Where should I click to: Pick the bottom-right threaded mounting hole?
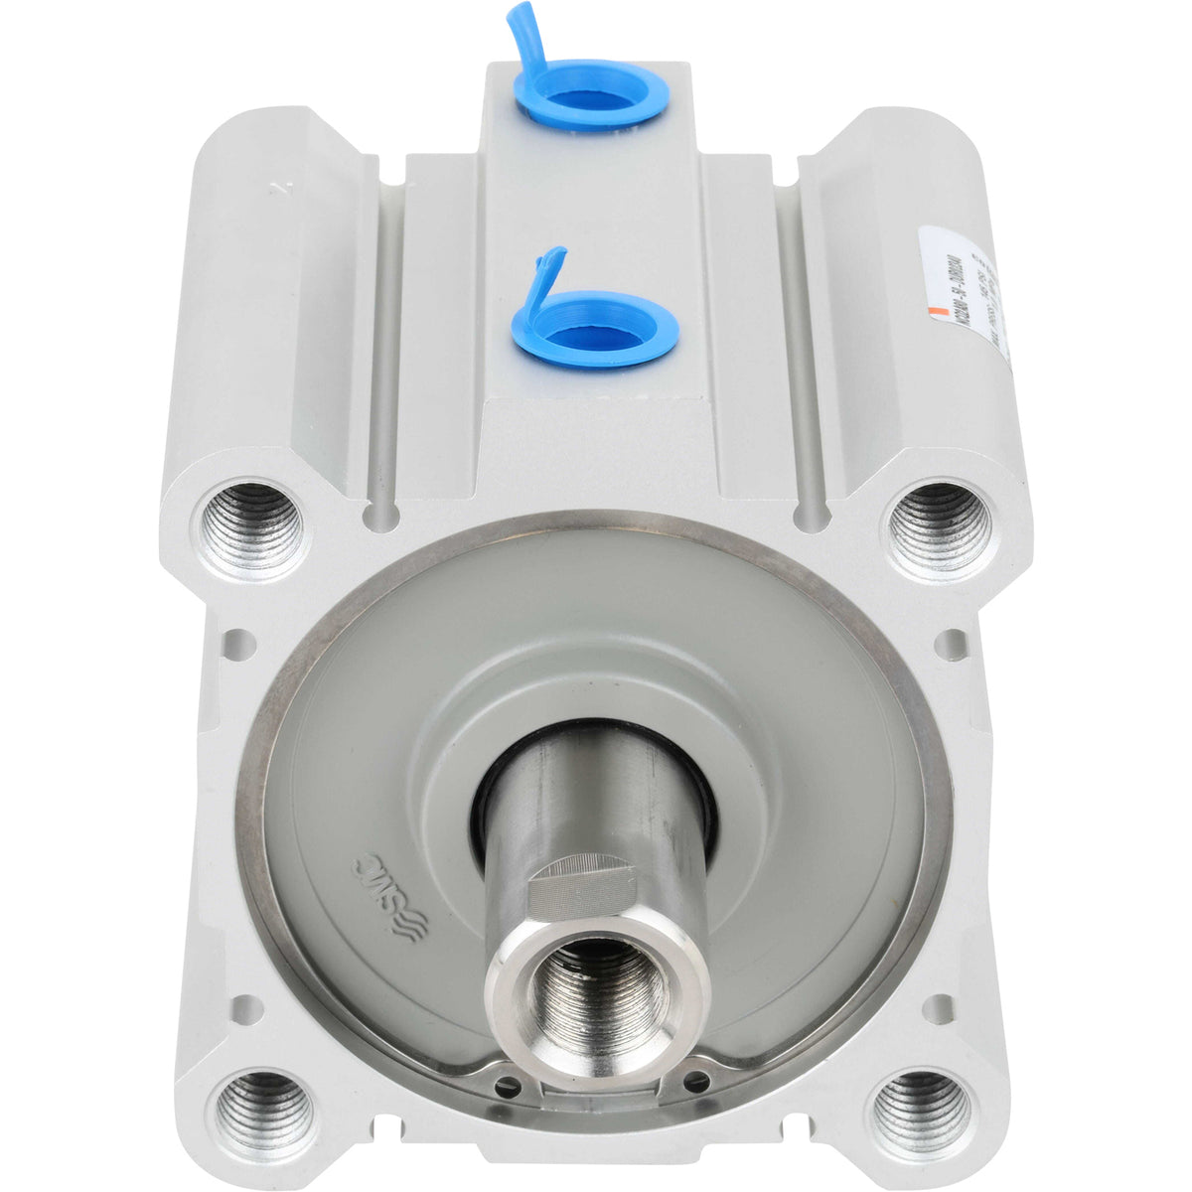tap(921, 1105)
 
